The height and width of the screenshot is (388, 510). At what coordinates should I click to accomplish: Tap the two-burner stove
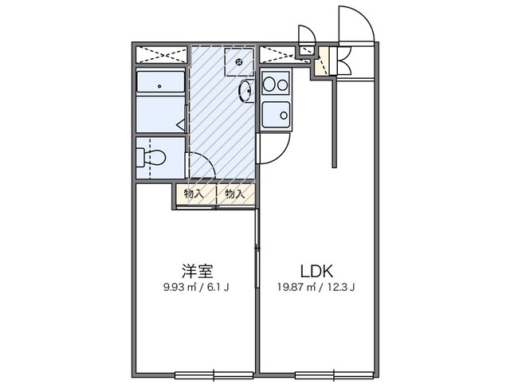click(276, 83)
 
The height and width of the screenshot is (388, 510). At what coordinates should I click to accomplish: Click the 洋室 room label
click(194, 269)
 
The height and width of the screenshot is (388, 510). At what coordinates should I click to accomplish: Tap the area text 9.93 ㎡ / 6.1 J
click(194, 288)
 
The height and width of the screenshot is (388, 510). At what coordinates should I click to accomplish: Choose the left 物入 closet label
click(194, 194)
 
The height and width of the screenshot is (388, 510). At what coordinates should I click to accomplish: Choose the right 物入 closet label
click(235, 194)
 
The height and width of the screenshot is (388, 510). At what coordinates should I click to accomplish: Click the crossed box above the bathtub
click(162, 56)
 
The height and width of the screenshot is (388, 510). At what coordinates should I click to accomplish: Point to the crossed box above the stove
click(277, 56)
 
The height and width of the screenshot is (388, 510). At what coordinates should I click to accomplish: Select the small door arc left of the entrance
click(305, 36)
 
